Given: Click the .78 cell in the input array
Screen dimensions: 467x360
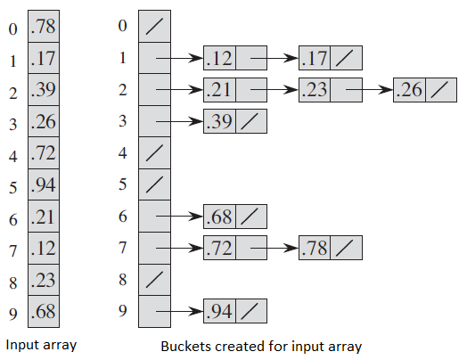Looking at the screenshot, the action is click(x=44, y=26).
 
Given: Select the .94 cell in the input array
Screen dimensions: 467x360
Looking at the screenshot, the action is click(x=44, y=184).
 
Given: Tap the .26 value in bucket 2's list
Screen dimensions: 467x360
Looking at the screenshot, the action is click(x=409, y=90).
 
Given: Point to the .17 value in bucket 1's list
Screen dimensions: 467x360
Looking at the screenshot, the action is click(x=315, y=58).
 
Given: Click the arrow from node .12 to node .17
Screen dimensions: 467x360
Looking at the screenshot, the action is click(x=274, y=58).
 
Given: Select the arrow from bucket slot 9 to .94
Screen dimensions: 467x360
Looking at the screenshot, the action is click(x=180, y=312).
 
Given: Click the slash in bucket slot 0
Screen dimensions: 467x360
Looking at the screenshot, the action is click(x=154, y=26).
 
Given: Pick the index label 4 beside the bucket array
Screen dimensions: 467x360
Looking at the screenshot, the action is click(x=123, y=153).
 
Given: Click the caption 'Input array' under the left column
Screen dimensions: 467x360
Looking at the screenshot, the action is click(x=41, y=345).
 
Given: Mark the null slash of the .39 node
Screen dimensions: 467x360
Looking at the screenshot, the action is click(x=250, y=121).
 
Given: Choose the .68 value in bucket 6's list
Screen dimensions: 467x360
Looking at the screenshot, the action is click(x=219, y=217).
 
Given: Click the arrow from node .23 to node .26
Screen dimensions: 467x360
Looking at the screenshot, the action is click(x=369, y=90).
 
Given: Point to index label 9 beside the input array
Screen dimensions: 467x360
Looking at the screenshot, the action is click(x=13, y=314).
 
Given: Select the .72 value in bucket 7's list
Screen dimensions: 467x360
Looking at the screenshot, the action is click(x=219, y=248).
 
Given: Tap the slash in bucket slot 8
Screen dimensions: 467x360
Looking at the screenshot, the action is click(x=154, y=280).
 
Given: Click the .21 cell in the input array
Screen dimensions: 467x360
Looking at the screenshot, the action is click(x=44, y=217).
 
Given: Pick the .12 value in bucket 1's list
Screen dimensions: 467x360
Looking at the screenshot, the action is click(x=219, y=58).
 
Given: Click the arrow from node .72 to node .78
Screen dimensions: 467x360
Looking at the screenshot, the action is click(x=274, y=248).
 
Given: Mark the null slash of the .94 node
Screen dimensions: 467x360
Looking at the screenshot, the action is click(x=250, y=311).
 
